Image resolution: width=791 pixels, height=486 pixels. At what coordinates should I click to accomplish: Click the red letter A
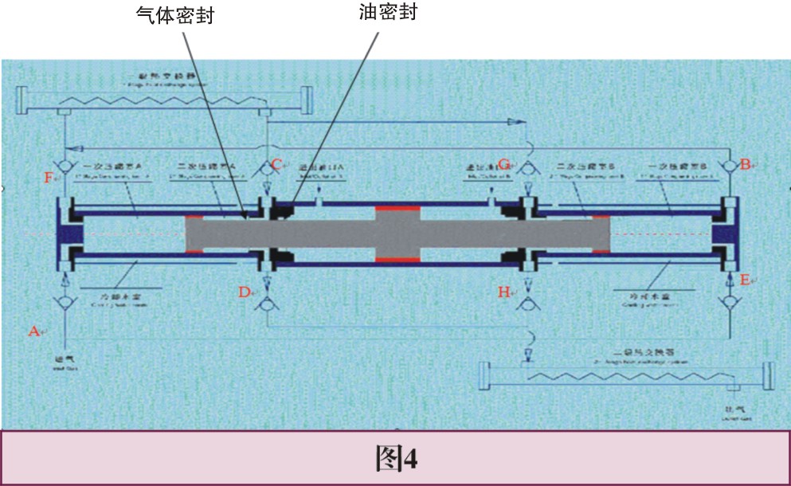pos(33,330)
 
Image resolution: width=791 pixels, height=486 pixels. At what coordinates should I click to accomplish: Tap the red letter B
pos(745,165)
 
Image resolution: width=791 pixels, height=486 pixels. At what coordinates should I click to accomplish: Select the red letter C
pos(276,165)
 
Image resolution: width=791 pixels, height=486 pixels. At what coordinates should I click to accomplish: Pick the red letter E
pos(745,280)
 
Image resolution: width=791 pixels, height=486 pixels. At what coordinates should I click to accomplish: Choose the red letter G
pos(503,165)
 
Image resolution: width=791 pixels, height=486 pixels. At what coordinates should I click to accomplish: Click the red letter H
pos(503,292)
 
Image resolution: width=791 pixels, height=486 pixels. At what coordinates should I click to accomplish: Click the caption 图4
pos(396,458)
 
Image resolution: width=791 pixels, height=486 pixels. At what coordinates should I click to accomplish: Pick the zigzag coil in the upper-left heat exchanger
pos(163,100)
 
